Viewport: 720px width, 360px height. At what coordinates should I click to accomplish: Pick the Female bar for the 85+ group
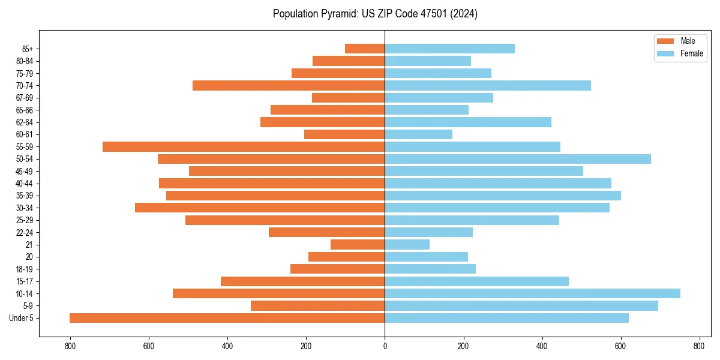pos(449,49)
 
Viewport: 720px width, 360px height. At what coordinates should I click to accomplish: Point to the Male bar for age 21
pos(358,244)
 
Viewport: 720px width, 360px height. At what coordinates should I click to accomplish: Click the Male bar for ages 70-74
pos(289,85)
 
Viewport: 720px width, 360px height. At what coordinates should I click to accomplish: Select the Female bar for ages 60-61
pos(418,134)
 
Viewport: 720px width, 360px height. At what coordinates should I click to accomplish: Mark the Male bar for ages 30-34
pos(260,208)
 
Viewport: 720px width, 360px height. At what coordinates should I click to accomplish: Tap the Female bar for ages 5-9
pos(521,306)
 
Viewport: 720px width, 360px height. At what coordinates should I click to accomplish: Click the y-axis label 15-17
pos(25,281)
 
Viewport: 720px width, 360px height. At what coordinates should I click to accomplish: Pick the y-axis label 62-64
pos(25,122)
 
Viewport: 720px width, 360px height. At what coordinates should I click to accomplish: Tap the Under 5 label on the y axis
pos(22,318)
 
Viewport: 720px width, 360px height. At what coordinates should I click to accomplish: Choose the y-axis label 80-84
pos(25,61)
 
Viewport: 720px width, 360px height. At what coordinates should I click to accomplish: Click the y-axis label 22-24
pos(25,232)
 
